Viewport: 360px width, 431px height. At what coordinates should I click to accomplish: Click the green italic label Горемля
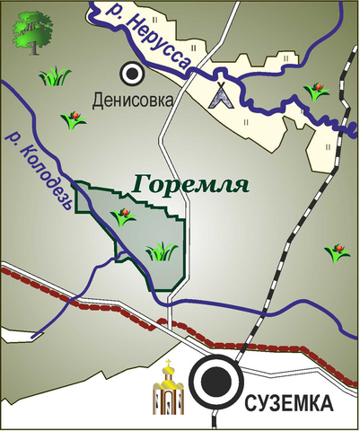click(x=189, y=185)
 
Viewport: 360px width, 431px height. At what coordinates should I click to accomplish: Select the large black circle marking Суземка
click(x=215, y=382)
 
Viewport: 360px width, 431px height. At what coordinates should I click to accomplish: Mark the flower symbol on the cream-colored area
click(x=313, y=91)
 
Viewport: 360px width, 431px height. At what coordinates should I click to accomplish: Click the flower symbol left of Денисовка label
click(x=73, y=118)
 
